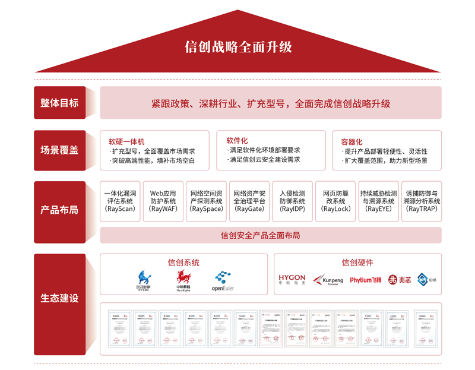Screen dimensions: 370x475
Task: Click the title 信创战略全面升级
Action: (237, 47)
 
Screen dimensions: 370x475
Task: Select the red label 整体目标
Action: (59, 103)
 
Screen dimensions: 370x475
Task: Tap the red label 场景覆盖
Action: (59, 150)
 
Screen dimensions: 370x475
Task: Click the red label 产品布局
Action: (59, 210)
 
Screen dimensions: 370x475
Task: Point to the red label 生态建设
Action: (59, 298)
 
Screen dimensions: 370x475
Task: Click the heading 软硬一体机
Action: (126, 142)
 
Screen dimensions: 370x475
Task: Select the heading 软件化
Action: (237, 141)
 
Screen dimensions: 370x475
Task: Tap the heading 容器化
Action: (351, 142)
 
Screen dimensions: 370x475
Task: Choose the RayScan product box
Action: (120, 201)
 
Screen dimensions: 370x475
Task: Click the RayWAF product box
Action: (163, 201)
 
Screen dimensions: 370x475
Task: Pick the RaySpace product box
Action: (207, 201)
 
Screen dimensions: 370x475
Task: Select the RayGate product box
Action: (249, 201)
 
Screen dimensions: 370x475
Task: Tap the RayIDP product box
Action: (292, 201)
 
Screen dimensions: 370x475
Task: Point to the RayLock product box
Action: (335, 201)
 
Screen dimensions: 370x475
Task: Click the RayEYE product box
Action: (379, 201)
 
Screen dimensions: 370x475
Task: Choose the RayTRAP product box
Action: (422, 201)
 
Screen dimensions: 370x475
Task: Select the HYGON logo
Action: (292, 279)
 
